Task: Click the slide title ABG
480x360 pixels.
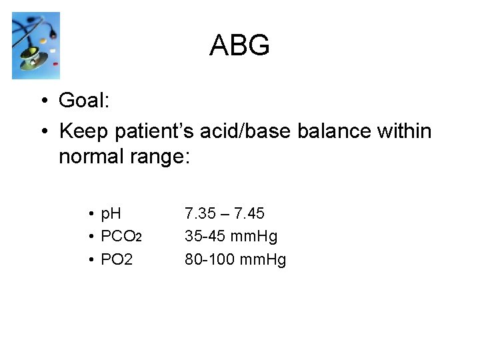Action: pos(239,45)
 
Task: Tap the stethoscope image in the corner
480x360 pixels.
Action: pos(36,45)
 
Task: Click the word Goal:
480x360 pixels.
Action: pos(84,101)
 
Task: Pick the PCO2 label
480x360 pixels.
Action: pos(121,237)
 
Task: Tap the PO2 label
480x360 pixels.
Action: pos(117,259)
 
